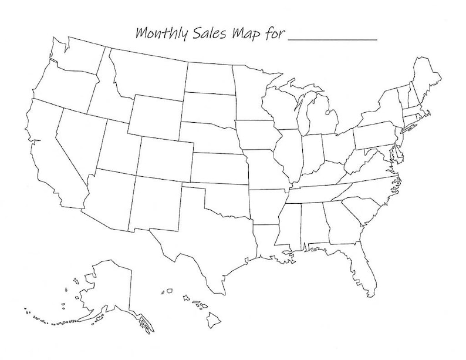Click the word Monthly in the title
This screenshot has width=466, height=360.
tap(161, 33)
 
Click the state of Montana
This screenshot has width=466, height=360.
tap(147, 73)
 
